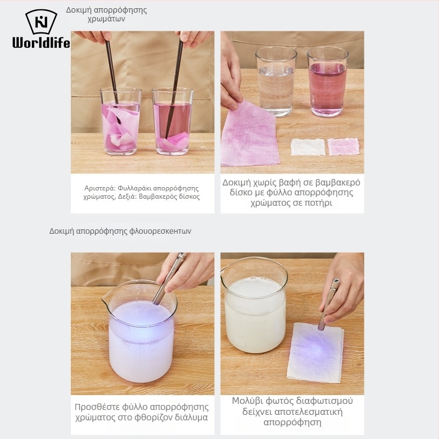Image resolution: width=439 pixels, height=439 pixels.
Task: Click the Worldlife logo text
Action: coord(41,43)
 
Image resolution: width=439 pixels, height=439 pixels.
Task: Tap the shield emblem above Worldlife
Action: coord(41,22)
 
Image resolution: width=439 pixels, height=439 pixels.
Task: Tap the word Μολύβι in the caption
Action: coord(246,401)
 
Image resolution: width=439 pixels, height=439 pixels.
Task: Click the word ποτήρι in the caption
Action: coord(318,202)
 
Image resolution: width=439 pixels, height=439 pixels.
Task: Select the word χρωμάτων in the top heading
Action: coord(106,19)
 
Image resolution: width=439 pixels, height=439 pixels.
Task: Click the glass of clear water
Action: coord(276,81)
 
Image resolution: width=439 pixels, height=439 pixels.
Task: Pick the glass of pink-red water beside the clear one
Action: coord(327,81)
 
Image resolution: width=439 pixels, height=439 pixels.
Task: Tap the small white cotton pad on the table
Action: coord(308,147)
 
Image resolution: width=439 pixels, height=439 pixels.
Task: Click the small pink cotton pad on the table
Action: coord(344,147)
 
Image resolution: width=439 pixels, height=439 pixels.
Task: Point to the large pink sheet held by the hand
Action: coord(249,135)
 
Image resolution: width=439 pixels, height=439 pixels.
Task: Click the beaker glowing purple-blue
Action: coord(140,331)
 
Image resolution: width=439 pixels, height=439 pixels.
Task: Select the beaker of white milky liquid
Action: coord(255,305)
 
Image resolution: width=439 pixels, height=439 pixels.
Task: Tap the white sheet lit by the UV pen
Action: coord(315,352)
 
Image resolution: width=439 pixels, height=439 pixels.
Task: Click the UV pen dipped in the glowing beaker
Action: coord(170,279)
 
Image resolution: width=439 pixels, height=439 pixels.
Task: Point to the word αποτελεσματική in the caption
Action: coord(292,412)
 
